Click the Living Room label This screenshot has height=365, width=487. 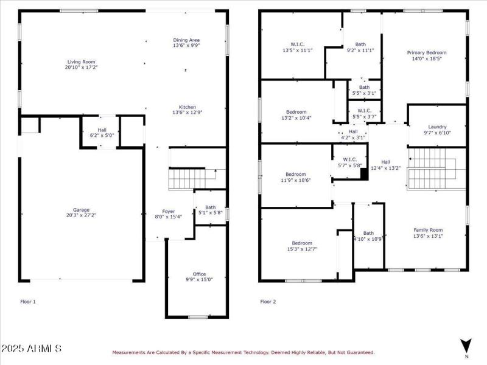point(80,61)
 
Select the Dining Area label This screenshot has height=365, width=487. point(186,40)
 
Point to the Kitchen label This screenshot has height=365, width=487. point(186,106)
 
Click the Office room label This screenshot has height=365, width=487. point(200,274)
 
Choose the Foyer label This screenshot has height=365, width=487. point(168,210)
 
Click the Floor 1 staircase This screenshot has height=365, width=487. point(191,179)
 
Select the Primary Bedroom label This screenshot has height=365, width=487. point(426,53)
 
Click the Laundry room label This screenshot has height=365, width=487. point(437,127)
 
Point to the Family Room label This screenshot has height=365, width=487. point(428,230)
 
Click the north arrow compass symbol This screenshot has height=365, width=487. point(466,346)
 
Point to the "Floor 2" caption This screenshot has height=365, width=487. point(268,301)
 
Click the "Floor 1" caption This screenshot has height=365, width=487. point(28,301)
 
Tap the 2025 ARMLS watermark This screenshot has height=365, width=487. point(32,349)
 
